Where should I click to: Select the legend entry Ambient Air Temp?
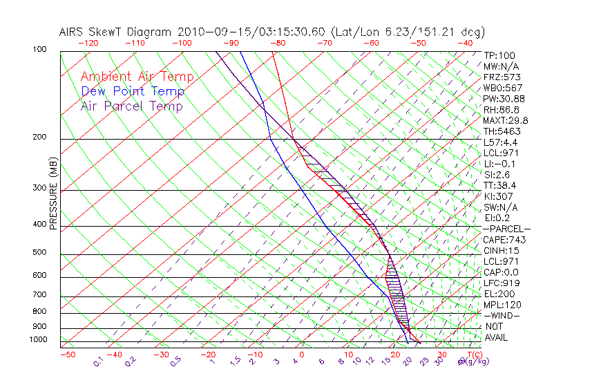coord(137,77)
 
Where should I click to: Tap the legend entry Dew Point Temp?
coord(133,91)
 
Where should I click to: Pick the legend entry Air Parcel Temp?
coord(132,106)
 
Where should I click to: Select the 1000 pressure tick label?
coord(39,339)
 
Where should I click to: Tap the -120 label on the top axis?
coord(88,43)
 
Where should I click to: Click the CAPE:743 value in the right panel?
coord(504,240)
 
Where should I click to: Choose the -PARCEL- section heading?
coord(506,229)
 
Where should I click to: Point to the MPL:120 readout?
coord(502,305)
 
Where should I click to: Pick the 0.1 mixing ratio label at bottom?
coord(99,360)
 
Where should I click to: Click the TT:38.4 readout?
coord(500,185)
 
